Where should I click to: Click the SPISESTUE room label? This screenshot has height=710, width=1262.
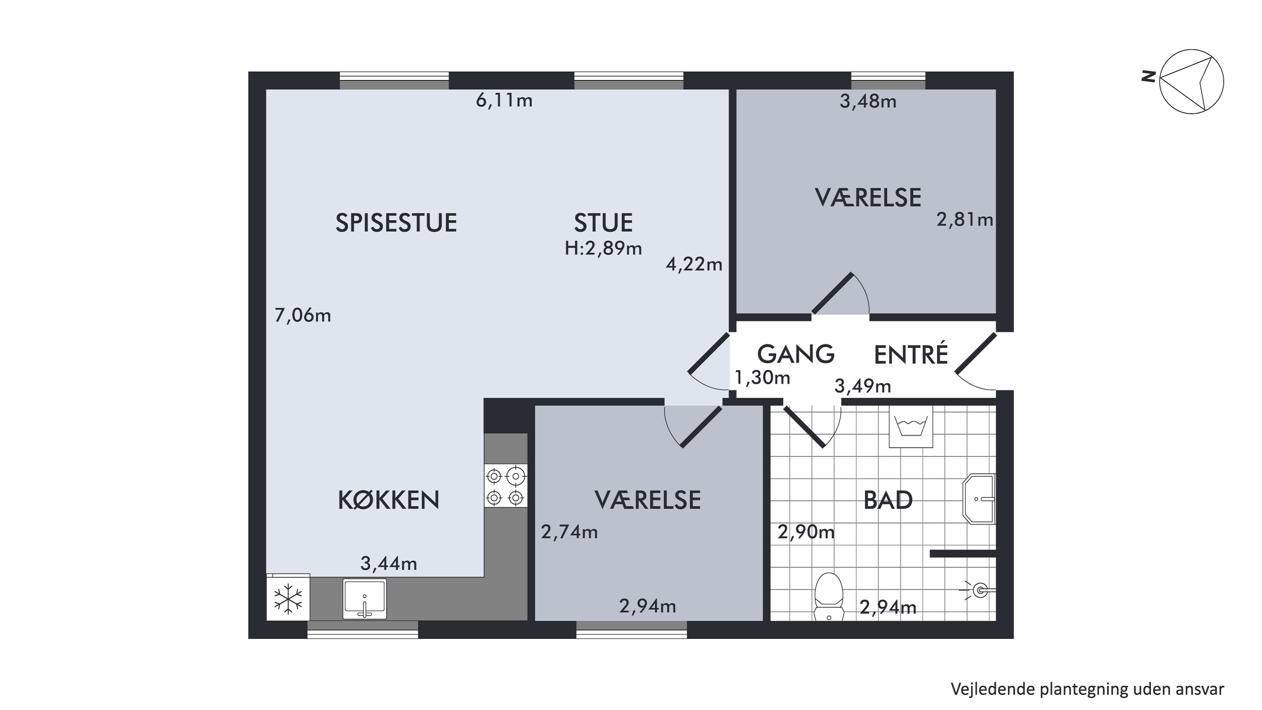pos(396,223)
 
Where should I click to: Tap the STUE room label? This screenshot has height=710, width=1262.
pos(603,223)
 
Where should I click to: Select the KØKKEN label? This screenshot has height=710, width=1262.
pos(389,500)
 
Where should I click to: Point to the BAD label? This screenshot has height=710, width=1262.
pos(888,500)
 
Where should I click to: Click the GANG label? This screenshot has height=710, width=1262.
pos(795,354)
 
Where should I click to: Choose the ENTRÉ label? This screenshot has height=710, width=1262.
pos(911,354)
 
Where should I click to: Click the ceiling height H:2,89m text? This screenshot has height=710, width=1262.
pos(603,249)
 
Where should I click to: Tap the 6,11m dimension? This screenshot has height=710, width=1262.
pos(504,101)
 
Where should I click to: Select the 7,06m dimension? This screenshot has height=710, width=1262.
pos(303,316)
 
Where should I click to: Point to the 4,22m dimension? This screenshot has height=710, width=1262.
pos(694,265)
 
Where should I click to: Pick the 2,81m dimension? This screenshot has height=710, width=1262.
pos(965,220)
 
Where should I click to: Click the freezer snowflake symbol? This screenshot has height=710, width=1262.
pos(289,598)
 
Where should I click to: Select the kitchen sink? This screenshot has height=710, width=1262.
pos(364,599)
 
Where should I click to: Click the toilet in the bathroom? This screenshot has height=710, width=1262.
pos(828,597)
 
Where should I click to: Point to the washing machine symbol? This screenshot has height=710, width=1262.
pos(911,426)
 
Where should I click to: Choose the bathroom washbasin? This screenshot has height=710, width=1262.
pos(979,499)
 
